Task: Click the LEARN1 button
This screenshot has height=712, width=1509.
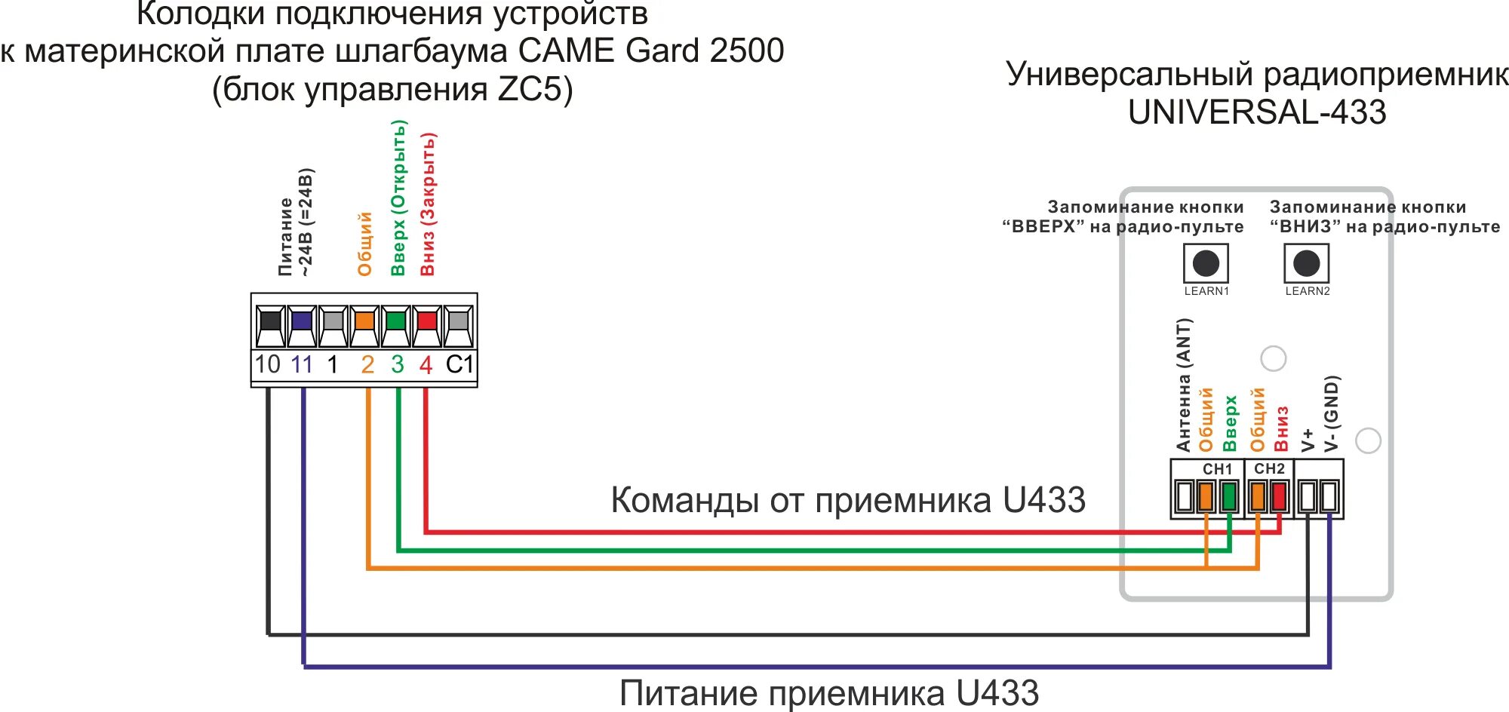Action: tap(1206, 263)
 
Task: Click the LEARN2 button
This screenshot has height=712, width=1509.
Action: tap(1306, 263)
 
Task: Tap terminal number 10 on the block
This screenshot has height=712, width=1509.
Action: tap(267, 364)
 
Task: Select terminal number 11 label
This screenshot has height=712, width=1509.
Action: tap(302, 364)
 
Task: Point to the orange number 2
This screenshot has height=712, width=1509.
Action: tap(367, 365)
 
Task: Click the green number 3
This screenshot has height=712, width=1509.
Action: tap(398, 365)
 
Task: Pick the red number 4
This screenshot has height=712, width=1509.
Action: tap(426, 365)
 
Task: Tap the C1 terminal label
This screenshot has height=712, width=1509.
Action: tap(459, 364)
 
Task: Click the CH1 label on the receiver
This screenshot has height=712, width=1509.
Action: tap(1217, 469)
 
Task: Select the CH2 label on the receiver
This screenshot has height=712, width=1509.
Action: tap(1269, 468)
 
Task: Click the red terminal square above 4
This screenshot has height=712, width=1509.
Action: tap(427, 321)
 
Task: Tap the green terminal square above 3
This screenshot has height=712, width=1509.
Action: tap(395, 321)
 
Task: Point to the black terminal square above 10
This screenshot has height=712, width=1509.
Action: tap(269, 321)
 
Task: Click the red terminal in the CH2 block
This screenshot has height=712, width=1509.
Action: tap(1279, 497)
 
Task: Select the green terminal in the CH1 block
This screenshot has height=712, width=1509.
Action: tap(1229, 497)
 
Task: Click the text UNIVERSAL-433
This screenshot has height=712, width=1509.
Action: tap(1257, 112)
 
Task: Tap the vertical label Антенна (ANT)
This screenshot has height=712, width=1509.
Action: tap(1184, 385)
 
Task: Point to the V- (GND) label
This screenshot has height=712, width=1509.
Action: tap(1332, 413)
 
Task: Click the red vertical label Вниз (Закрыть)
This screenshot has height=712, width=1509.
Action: tap(428, 204)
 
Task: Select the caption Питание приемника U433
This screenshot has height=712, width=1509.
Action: tap(829, 692)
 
